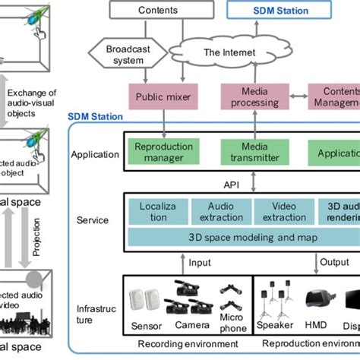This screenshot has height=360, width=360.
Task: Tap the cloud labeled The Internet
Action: coord(230,52)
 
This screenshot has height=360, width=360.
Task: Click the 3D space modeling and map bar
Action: coord(242,236)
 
